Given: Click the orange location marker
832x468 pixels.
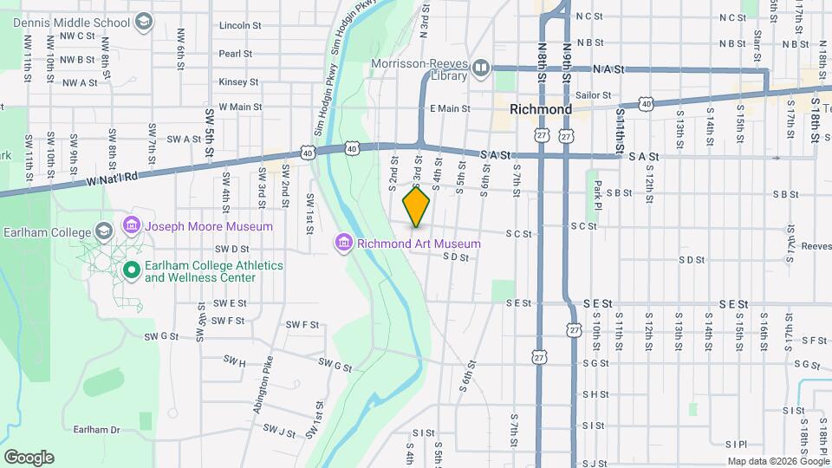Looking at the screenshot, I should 417,206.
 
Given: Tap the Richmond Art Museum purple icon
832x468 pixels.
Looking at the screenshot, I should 344,243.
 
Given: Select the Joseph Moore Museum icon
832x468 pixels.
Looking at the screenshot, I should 131,226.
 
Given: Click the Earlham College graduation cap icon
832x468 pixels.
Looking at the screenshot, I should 104,231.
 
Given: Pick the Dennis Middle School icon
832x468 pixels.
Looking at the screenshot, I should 145,21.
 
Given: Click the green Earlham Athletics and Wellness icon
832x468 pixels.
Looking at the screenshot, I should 131,271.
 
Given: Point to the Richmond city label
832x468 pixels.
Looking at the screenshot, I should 541,110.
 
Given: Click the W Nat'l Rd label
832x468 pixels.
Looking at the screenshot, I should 114,176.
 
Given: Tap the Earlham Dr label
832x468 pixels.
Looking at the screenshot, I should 95,429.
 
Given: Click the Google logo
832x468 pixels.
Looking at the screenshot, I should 29,458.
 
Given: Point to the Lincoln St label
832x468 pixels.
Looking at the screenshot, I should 240,26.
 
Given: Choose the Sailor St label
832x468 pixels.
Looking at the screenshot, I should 594,95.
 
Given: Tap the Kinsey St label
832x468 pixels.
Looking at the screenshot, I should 238,82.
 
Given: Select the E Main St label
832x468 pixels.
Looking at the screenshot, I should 449,109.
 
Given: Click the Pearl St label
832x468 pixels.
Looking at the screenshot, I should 235,54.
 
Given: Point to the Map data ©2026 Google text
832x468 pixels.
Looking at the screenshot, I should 777,461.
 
